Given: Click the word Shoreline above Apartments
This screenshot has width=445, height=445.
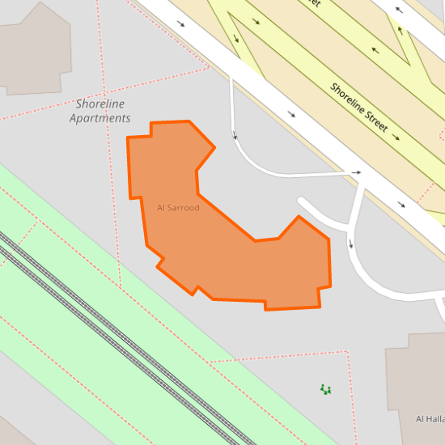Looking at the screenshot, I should point(100,104).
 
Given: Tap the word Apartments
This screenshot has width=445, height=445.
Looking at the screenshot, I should point(100,118).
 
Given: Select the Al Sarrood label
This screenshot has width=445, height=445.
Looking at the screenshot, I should point(178,208).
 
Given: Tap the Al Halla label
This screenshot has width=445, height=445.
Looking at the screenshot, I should point(430,418).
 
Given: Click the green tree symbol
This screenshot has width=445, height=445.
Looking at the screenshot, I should point(326,390).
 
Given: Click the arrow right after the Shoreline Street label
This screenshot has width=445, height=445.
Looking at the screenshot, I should point(396,137).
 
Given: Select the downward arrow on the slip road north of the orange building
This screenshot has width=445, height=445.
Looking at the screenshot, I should point(235,133).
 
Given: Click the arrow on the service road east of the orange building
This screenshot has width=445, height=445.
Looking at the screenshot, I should point(351,243).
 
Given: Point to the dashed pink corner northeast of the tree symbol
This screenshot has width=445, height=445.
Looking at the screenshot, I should point(347,352).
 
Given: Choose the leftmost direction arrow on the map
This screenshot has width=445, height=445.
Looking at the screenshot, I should point(180,23).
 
